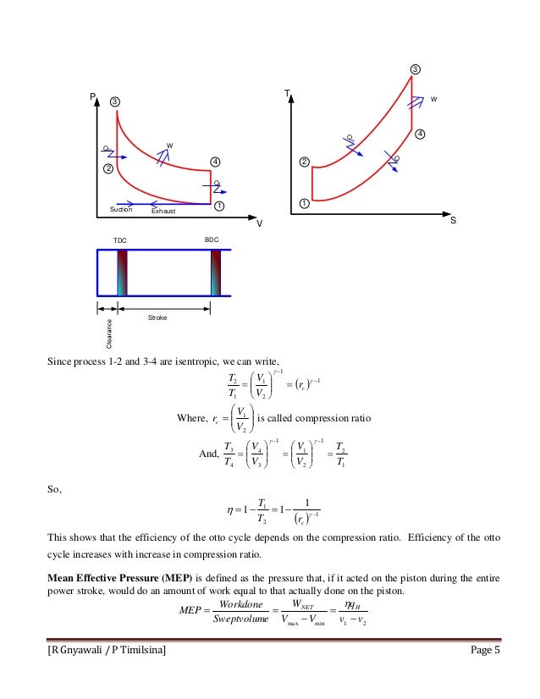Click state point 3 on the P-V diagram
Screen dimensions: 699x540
point(115,102)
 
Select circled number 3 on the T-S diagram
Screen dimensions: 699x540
point(415,69)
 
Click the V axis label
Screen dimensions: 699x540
point(260,223)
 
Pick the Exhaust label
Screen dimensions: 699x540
point(163,211)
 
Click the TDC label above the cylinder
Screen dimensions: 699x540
point(122,241)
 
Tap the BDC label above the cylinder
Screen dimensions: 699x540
point(212,241)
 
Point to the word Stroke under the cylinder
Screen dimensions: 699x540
point(157,317)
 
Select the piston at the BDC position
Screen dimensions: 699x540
point(216,272)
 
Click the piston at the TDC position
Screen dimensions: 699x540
point(122,272)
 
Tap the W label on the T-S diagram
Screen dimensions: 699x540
point(434,99)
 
